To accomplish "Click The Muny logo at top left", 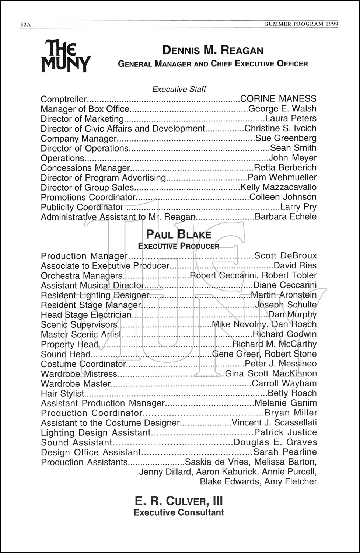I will click(x=66, y=56).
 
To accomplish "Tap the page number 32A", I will click(x=26, y=25).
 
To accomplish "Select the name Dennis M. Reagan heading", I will click(x=213, y=50).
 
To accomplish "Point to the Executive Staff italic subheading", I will click(x=179, y=89).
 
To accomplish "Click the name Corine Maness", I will click(x=278, y=99).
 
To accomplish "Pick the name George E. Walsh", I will click(x=282, y=109).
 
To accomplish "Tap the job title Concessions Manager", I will click(x=85, y=168).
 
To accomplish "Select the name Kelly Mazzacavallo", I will click(x=278, y=187).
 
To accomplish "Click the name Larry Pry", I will click(x=298, y=207).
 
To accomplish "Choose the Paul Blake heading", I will click(x=179, y=234).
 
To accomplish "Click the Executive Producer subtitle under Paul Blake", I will click(x=179, y=246).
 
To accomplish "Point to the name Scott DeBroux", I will click(x=286, y=256).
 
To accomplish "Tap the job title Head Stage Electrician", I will click(x=86, y=315).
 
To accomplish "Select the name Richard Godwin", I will click(x=284, y=334).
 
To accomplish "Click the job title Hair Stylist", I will click(x=63, y=393).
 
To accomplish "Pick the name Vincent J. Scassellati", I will click(x=274, y=423).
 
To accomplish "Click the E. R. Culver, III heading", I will click(x=179, y=501).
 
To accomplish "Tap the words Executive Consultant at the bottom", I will click(x=179, y=512).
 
